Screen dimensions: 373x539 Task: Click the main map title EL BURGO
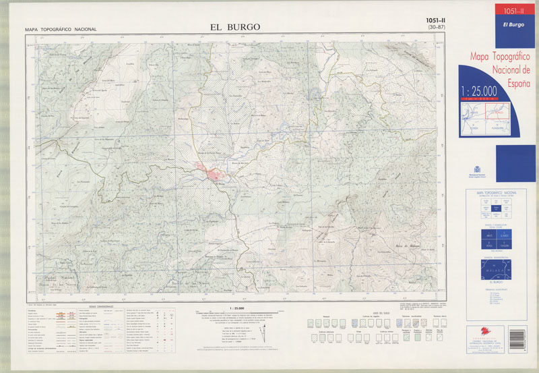234,27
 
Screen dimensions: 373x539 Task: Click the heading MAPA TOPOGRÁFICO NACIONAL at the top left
61,30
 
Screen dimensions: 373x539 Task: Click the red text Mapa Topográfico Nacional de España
499,67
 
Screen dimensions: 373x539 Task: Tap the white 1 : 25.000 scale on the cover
479,91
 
